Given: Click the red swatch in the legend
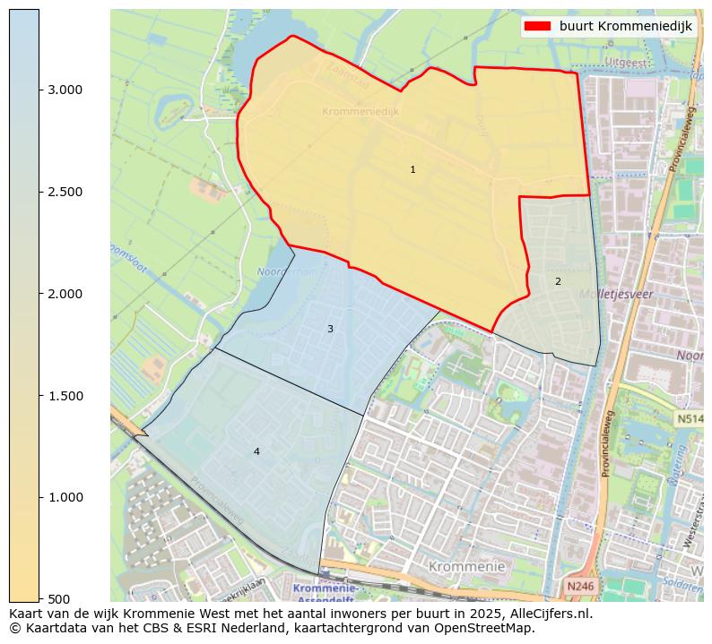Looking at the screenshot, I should (x=538, y=27).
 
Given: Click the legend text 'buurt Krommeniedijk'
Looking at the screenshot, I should (x=625, y=27).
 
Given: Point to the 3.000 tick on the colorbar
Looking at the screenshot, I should (x=65, y=90).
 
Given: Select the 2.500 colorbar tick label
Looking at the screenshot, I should (x=65, y=192).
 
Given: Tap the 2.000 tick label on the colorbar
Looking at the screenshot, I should (x=65, y=294).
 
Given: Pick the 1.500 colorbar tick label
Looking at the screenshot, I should (x=65, y=396).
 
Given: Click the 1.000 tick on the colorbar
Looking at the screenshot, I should (x=65, y=497).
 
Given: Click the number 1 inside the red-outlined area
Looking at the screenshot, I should (x=412, y=169).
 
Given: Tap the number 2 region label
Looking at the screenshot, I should (x=558, y=281).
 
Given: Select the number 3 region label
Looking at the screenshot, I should (x=330, y=329).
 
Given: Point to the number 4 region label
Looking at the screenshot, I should (x=256, y=451).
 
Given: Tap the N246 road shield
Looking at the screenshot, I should (x=580, y=586).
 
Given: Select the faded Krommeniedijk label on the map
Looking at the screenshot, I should (x=360, y=111).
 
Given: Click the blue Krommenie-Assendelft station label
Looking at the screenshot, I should (x=326, y=593).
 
